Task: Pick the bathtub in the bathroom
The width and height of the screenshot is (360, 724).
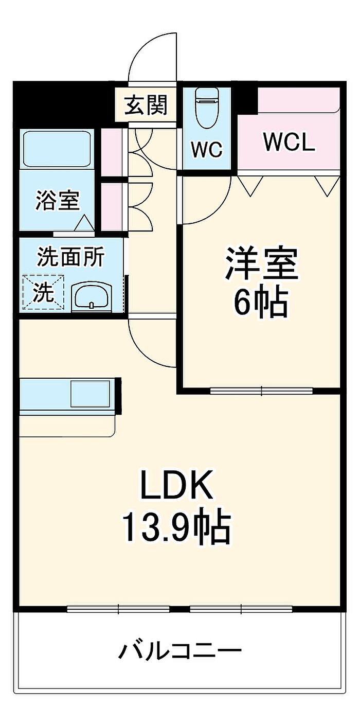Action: pos(57,150)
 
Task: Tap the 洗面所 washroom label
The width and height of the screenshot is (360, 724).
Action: pos(70,256)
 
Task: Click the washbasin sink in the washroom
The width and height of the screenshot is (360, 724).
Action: pos(92,297)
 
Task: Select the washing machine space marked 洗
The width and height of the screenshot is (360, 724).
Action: pos(43,292)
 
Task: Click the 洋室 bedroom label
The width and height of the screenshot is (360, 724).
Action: pos(261,263)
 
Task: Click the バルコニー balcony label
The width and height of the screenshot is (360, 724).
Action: pos(180,651)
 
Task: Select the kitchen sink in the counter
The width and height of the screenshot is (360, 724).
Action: pos(89,395)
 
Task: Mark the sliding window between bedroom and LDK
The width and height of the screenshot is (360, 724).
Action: pos(261,391)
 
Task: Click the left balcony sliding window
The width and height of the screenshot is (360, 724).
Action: pos(118,609)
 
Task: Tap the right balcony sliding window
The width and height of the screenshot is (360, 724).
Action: pos(242,609)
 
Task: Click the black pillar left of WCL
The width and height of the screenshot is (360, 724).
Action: pos(247,100)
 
